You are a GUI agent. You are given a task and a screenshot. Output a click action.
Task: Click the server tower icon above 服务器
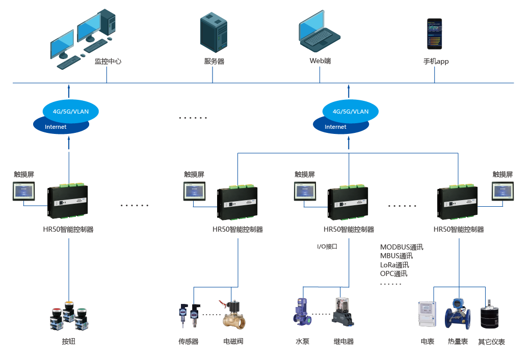coord(214,33)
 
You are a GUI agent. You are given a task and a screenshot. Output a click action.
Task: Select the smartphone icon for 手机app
coord(434,34)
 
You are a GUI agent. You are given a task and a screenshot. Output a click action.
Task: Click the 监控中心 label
coord(108,62)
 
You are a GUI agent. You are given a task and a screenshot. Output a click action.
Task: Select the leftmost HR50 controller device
coord(67,203)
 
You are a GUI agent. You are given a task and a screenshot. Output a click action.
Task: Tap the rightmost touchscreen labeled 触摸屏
coord(502,192)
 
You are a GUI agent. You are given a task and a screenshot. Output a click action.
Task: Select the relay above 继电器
coord(343,312)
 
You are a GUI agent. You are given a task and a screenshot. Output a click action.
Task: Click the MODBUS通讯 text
coord(402,247)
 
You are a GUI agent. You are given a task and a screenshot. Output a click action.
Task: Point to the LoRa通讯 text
coord(394,265)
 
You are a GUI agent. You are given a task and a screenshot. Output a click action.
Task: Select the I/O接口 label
coord(327,246)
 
